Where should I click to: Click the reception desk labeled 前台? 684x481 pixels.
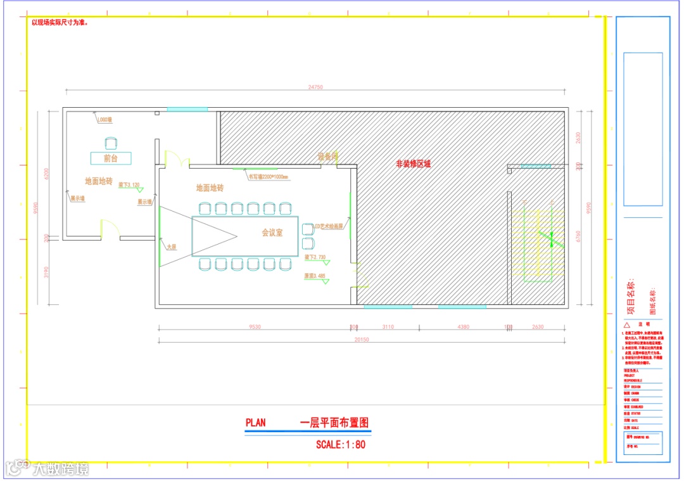pyautogui.click(x=110, y=158)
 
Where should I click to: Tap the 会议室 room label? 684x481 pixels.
pyautogui.click(x=272, y=233)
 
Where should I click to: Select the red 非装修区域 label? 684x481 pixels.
pyautogui.click(x=413, y=164)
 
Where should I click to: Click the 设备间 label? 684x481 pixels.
pyautogui.click(x=328, y=156)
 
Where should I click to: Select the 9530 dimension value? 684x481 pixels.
pyautogui.click(x=255, y=327)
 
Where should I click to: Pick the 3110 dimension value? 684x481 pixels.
pyautogui.click(x=388, y=327)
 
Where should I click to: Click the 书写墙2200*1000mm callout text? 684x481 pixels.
pyautogui.click(x=268, y=177)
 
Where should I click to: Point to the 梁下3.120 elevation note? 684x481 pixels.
pyautogui.click(x=128, y=185)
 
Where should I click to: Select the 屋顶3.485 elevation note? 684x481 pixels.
pyautogui.click(x=314, y=276)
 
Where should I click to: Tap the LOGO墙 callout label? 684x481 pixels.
pyautogui.click(x=104, y=119)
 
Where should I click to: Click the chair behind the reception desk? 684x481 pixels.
pyautogui.click(x=111, y=143)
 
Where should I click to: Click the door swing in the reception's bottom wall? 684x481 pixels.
pyautogui.click(x=109, y=229)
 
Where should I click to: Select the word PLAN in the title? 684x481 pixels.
pyautogui.click(x=255, y=423)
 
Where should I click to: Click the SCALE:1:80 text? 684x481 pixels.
pyautogui.click(x=341, y=444)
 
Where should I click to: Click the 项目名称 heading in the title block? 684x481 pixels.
pyautogui.click(x=630, y=298)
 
